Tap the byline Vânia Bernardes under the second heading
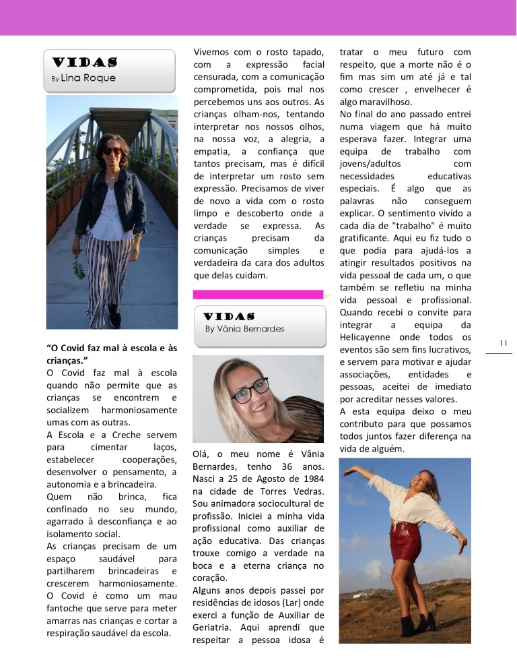244,329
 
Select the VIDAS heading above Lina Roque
83,63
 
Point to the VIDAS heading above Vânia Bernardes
228,316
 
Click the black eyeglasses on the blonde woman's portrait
250,391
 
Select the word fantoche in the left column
70,608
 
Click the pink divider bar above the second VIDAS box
258,295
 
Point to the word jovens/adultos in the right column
367,164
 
